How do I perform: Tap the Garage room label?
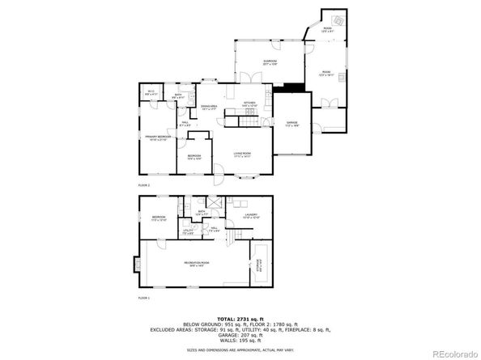pos(292,124)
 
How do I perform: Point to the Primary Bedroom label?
pos(158,138)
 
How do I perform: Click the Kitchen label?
pos(249,104)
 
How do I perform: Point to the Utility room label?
pos(187,231)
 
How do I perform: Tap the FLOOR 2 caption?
pos(144,186)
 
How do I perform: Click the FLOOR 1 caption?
pos(144,299)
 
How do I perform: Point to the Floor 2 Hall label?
pos(185,124)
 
